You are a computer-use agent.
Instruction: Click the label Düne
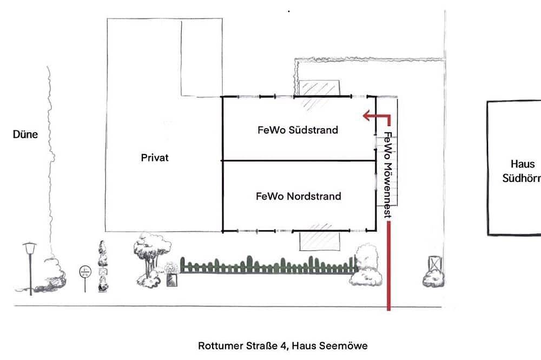pyautogui.click(x=25, y=134)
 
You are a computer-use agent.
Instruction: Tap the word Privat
pyautogui.click(x=155, y=158)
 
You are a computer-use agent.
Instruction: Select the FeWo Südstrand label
pyautogui.click(x=298, y=130)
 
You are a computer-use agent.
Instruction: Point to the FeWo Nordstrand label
pyautogui.click(x=299, y=196)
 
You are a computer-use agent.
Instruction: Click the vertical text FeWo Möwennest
pyautogui.click(x=388, y=175)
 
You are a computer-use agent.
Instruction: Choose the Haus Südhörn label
pyautogui.click(x=522, y=171)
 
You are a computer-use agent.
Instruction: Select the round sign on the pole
pyautogui.click(x=85, y=272)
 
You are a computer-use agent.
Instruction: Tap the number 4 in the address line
pyautogui.click(x=283, y=345)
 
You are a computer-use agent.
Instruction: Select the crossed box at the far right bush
pyautogui.click(x=435, y=264)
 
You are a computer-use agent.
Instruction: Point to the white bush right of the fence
pyautogui.click(x=367, y=265)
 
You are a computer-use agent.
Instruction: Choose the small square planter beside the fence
pyautogui.click(x=172, y=279)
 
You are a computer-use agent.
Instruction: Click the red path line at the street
pyautogui.click(x=389, y=266)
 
